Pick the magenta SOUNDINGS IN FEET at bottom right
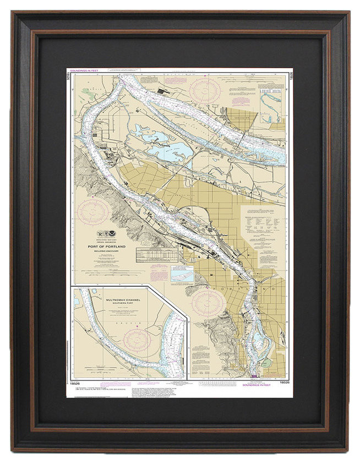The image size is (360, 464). click(x=257, y=384)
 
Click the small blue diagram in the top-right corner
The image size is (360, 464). click(x=271, y=101)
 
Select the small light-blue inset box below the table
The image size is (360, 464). click(x=182, y=272)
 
